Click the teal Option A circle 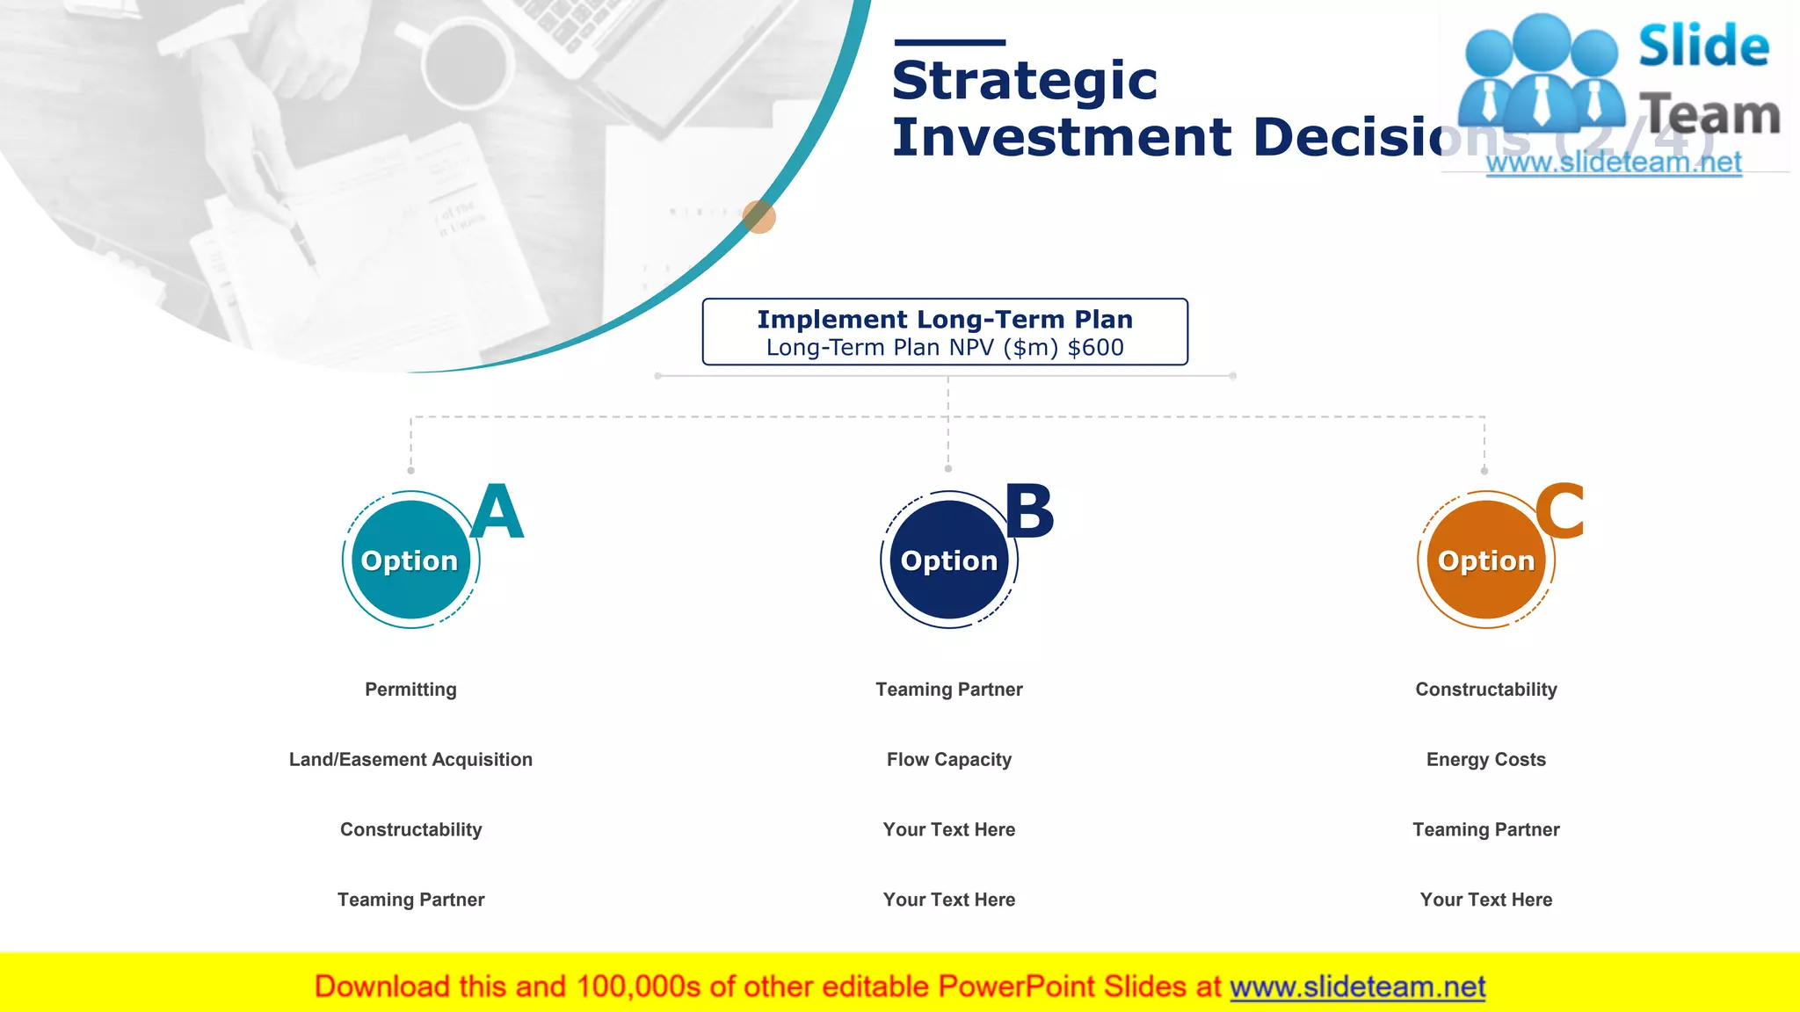click(410, 560)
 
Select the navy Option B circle click(948, 560)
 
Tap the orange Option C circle click(1485, 560)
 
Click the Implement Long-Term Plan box click(945, 331)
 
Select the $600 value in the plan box click(1095, 348)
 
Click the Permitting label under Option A click(410, 690)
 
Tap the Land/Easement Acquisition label click(410, 760)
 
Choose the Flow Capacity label click(948, 760)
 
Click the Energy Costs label click(1485, 760)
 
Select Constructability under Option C click(1485, 690)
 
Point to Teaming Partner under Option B click(948, 690)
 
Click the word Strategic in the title click(1024, 82)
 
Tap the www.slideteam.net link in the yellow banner click(1357, 987)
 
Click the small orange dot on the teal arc click(758, 216)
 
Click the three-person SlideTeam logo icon click(1541, 75)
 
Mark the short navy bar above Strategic click(949, 42)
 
